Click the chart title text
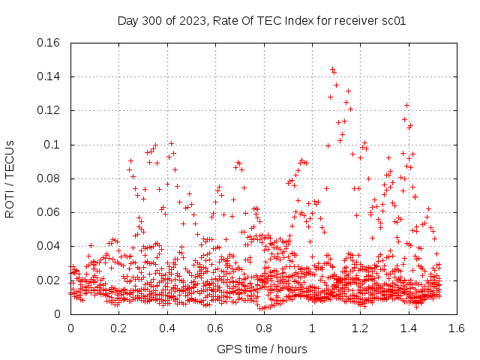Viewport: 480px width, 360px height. [x=262, y=21]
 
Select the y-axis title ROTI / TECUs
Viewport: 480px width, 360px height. [x=10, y=178]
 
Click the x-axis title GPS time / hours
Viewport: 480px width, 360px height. [x=262, y=349]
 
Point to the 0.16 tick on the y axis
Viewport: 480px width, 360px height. [x=49, y=43]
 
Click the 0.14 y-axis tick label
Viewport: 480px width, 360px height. [x=49, y=76]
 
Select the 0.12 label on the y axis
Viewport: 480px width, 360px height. [x=49, y=110]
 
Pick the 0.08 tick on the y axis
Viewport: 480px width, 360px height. [x=49, y=178]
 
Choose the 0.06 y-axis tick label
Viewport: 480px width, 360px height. [x=49, y=212]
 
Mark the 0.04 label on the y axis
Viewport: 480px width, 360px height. [x=49, y=246]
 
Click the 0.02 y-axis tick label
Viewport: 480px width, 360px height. [x=49, y=280]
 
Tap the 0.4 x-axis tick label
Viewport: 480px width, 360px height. [x=167, y=328]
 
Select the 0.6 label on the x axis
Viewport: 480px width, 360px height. [x=216, y=328]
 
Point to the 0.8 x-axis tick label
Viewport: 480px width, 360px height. [x=264, y=328]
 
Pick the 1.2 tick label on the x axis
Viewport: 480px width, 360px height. [x=361, y=328]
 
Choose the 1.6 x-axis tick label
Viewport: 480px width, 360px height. [x=457, y=328]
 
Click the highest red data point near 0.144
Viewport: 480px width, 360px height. [x=332, y=70]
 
